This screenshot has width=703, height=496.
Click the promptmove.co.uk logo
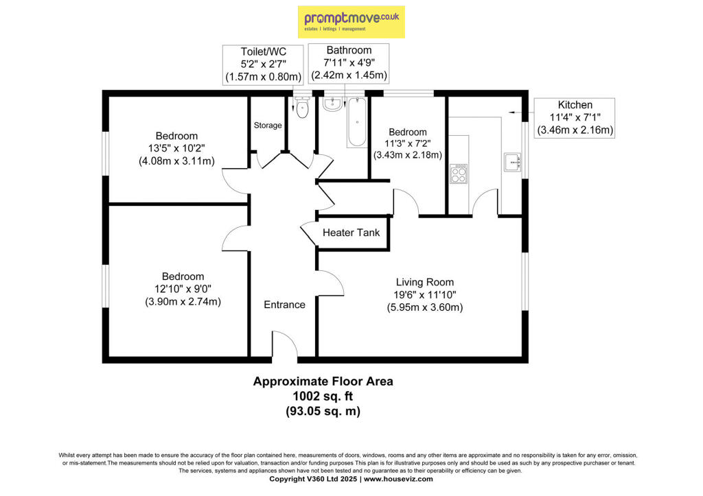pos(351,21)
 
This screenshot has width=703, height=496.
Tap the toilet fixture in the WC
pos(303,107)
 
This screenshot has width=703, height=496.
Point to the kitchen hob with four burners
pos(459,174)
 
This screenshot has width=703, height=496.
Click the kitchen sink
pos(512,162)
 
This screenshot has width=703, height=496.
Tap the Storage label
pos(268,126)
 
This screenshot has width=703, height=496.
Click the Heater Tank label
pos(351,233)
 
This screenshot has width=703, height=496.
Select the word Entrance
pos(284,305)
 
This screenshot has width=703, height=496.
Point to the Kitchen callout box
pos(575,118)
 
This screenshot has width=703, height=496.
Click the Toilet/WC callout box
pos(263,64)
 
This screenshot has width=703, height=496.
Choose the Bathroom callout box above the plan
pos(349,63)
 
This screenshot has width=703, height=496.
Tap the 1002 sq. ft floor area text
pos(323,396)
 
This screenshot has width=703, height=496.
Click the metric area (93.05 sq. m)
pos(323,412)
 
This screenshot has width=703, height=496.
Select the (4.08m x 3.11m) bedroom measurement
pos(176,161)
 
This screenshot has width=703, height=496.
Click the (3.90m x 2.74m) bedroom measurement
pos(183,302)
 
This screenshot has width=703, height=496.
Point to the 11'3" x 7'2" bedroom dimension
pos(408,144)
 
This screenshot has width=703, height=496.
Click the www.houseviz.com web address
pos(398,479)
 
